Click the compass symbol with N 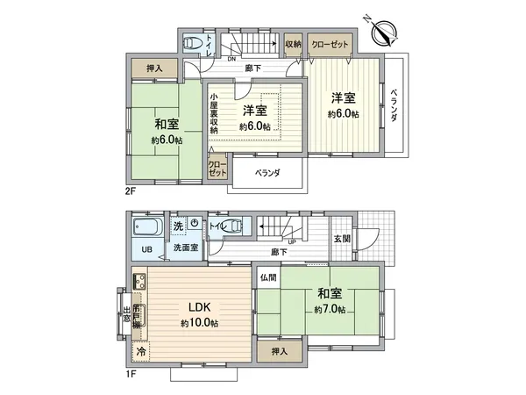pyautogui.click(x=384, y=33)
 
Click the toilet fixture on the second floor pyautogui.click(x=192, y=43)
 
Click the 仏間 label pyautogui.click(x=268, y=277)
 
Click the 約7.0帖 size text pyautogui.click(x=330, y=310)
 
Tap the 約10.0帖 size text pyautogui.click(x=200, y=323)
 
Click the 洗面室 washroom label pyautogui.click(x=183, y=248)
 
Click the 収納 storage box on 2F pyautogui.click(x=294, y=44)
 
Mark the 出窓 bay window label pyautogui.click(x=126, y=314)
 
